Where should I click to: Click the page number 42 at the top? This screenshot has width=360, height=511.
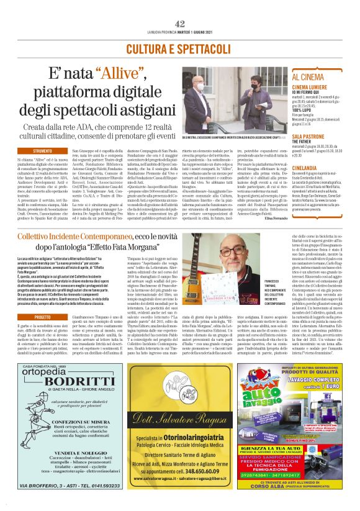(x=180, y=23)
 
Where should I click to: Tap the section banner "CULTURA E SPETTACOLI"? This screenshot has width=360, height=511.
(x=180, y=48)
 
